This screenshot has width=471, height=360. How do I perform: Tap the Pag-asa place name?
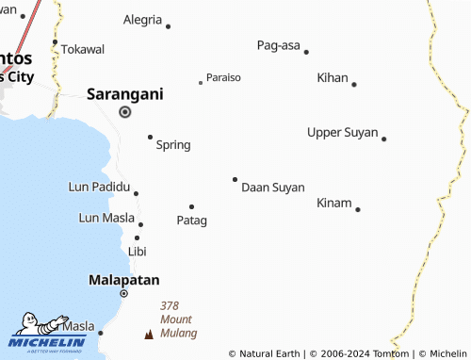(277, 44)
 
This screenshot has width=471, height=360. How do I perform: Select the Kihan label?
(333, 77)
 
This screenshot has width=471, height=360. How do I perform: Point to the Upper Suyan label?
(342, 132)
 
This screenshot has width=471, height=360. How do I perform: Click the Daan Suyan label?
(273, 188)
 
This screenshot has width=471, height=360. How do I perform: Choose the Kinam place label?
(334, 203)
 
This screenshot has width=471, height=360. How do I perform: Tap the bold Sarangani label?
(125, 93)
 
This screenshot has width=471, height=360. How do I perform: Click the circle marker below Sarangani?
(124, 112)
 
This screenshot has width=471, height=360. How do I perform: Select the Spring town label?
(173, 144)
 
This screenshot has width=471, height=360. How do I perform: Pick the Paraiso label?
(223, 77)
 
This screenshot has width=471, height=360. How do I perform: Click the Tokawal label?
(83, 49)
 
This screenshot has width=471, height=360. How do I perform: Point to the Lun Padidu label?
(99, 187)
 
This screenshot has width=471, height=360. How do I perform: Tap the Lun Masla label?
(106, 219)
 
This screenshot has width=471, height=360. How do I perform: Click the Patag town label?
(191, 220)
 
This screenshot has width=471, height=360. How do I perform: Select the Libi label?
(138, 252)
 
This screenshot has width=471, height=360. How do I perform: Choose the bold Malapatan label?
(123, 280)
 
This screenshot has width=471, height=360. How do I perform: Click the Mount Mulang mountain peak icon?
(148, 334)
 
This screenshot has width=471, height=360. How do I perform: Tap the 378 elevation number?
(170, 305)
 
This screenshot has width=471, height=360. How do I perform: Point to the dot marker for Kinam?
(358, 209)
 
